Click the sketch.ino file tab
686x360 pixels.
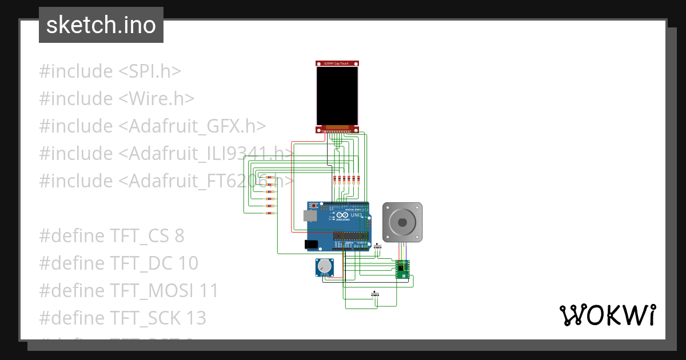click(101, 25)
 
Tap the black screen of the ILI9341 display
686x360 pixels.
click(338, 95)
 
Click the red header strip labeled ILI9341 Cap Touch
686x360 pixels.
click(338, 63)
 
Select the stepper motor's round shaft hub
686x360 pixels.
click(402, 222)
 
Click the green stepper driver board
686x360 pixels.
click(402, 268)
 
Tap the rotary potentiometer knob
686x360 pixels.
click(325, 266)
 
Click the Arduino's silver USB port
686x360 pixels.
click(310, 215)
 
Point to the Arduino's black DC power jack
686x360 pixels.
click(311, 244)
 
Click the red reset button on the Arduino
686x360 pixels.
click(313, 205)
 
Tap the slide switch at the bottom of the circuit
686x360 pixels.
click(375, 295)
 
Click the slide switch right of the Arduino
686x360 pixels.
click(377, 247)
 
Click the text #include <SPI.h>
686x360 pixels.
click(110, 71)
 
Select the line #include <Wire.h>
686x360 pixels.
click(117, 99)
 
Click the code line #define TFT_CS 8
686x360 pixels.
click(111, 235)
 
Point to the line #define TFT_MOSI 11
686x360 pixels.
click(129, 290)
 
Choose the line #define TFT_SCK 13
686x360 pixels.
click(122, 318)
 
